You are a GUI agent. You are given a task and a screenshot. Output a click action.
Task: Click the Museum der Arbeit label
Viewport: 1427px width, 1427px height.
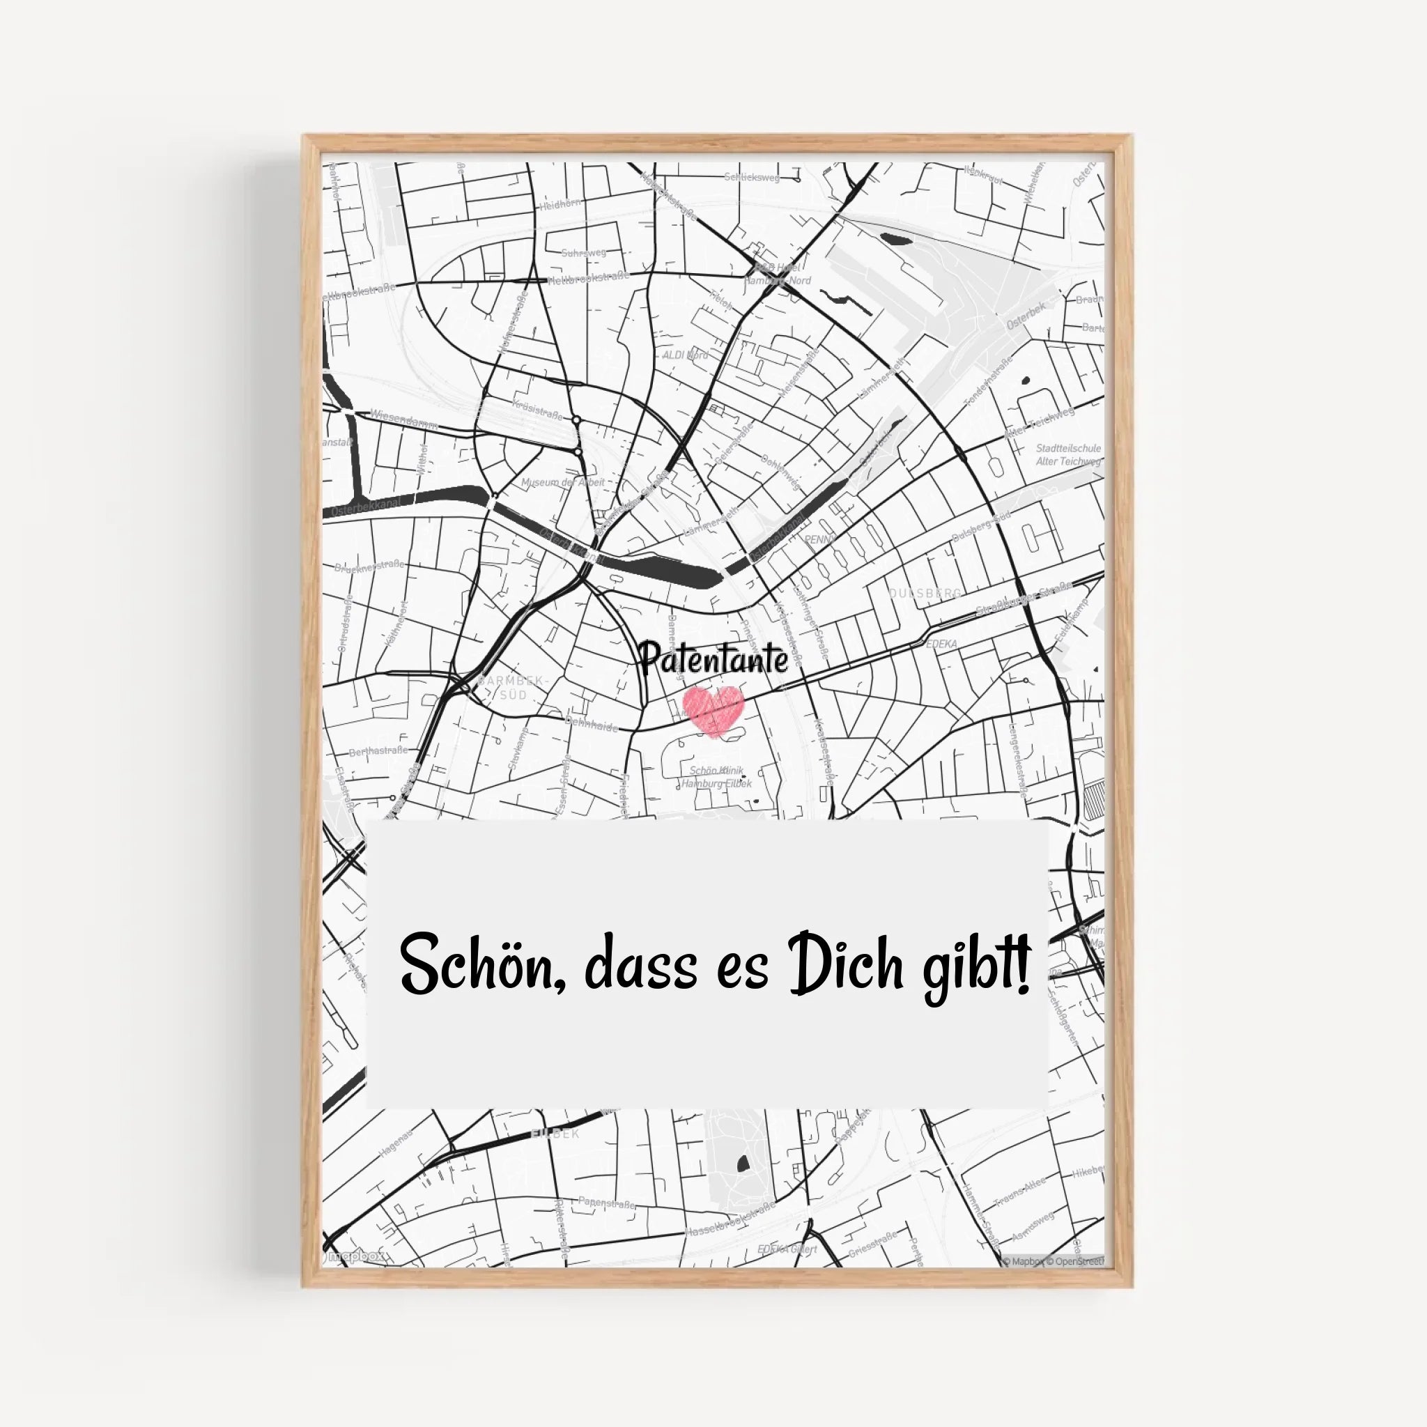coord(563,482)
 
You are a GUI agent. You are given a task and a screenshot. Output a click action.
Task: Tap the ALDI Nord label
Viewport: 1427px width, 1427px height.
coord(685,355)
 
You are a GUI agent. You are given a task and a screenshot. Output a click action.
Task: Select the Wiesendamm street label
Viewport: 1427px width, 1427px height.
coord(404,419)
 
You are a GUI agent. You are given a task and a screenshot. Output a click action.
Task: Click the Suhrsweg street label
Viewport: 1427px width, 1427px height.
coord(583,253)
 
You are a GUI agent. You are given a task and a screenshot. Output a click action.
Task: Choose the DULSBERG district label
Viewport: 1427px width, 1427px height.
coord(925,593)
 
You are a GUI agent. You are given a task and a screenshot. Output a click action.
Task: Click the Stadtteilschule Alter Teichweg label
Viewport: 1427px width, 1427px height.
coord(1068,454)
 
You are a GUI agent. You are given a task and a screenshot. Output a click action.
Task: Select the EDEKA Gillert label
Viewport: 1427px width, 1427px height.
coord(787,1249)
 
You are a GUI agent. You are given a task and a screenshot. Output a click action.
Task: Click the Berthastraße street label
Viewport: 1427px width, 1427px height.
coord(378,750)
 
